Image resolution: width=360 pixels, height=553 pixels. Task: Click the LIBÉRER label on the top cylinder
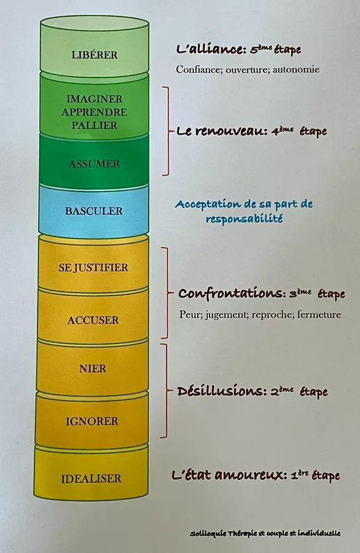pos(95,55)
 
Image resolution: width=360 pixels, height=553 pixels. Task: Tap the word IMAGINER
pos(95,99)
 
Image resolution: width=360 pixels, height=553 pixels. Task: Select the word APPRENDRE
pos(95,112)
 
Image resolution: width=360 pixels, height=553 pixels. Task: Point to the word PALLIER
pos(95,125)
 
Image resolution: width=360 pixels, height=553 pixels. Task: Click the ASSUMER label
pos(94,163)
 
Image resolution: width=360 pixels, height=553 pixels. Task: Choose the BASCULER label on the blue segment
pos(94,211)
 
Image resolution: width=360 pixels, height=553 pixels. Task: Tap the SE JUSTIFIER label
pos(93,267)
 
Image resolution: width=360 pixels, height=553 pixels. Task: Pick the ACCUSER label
pos(93,320)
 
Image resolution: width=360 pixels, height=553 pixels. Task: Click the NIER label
pos(93,369)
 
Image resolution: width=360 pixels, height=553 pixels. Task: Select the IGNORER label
pos(92,421)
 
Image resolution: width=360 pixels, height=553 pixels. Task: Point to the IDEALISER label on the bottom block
pos(92,479)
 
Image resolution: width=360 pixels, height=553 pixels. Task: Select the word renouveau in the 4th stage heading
pos(232,131)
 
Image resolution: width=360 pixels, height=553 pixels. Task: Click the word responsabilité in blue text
pos(245,219)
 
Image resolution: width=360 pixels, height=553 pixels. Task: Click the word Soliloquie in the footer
pos(208,533)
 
